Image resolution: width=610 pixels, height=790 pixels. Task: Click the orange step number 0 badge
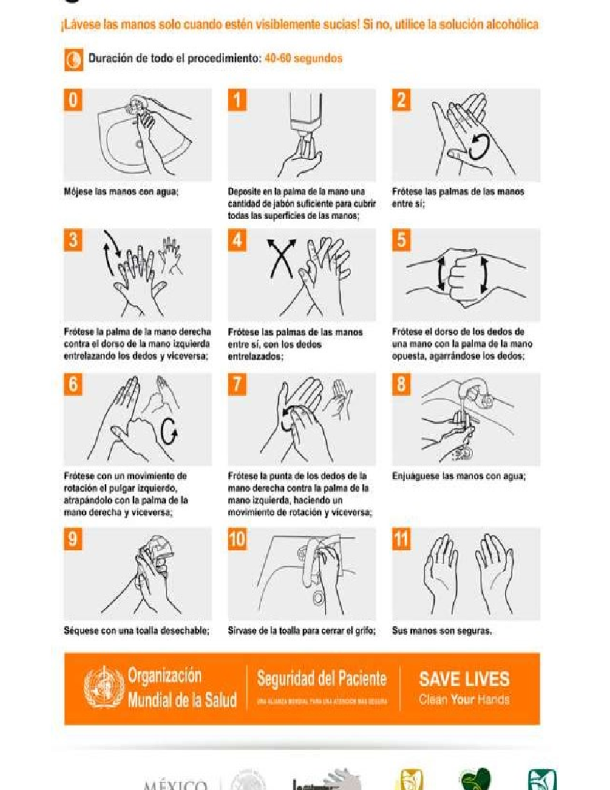pyautogui.click(x=73, y=100)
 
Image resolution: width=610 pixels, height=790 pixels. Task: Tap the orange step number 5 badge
pyautogui.click(x=401, y=240)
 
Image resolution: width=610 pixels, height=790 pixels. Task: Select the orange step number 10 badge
pyautogui.click(x=237, y=539)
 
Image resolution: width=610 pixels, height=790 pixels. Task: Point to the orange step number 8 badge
pyautogui.click(x=401, y=384)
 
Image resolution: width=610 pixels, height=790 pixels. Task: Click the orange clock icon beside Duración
pyautogui.click(x=74, y=60)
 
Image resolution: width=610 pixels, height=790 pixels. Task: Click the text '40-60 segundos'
pyautogui.click(x=303, y=58)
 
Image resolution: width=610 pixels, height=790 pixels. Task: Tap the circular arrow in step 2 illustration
pyautogui.click(x=479, y=146)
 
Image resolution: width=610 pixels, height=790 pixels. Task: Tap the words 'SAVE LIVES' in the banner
pyautogui.click(x=464, y=679)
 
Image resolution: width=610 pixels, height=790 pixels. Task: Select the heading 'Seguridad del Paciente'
pyautogui.click(x=321, y=679)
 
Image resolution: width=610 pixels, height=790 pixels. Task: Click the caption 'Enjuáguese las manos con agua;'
pyautogui.click(x=459, y=477)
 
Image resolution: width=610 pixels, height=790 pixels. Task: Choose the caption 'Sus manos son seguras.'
pyautogui.click(x=441, y=631)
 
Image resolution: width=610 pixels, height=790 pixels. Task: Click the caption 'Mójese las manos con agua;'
pyautogui.click(x=121, y=192)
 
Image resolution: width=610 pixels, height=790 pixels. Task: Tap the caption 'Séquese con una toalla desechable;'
pyautogui.click(x=136, y=631)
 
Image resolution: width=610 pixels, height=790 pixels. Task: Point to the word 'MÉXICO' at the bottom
pyautogui.click(x=175, y=785)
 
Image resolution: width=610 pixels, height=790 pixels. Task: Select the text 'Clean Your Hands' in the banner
pyautogui.click(x=464, y=700)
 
